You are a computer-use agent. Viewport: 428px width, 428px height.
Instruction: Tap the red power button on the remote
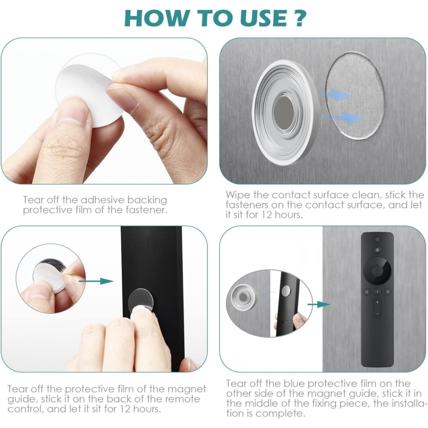[x=377, y=239]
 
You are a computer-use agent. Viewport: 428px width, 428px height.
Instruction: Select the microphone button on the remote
[x=377, y=250]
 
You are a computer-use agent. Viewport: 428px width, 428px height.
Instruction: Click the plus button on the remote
[x=377, y=302]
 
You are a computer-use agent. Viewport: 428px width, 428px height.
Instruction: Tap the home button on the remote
[x=367, y=292]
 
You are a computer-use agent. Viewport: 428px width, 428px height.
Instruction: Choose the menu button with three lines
[x=387, y=292]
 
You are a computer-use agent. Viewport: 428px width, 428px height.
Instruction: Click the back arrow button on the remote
[x=377, y=292]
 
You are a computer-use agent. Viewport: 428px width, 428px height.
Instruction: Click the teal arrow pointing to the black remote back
[x=96, y=281]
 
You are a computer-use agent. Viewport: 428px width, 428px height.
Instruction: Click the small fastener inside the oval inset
[x=243, y=298]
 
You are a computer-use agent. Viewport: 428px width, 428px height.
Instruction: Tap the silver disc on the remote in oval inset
[x=286, y=291]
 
